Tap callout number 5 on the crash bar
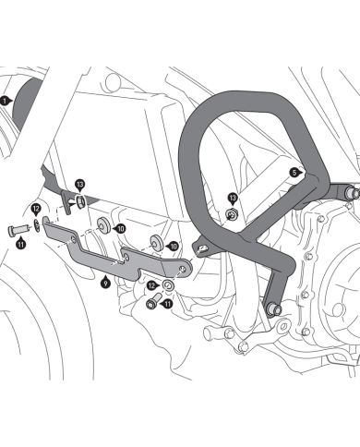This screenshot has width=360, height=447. pos(294,172)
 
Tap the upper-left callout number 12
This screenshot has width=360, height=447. pos(35,209)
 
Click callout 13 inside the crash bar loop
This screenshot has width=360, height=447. pos(233,198)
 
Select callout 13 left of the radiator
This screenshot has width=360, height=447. pos(80,185)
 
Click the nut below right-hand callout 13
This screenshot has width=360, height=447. pos(230,214)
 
